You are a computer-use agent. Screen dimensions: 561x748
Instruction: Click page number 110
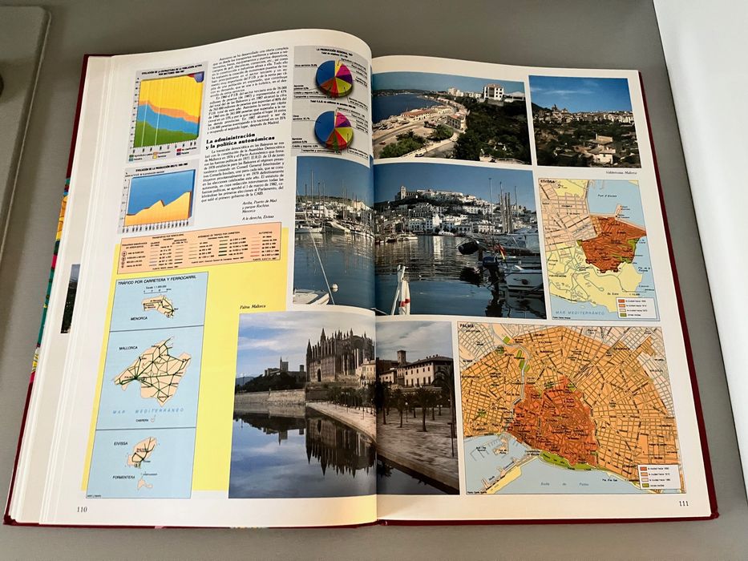coord(82,508)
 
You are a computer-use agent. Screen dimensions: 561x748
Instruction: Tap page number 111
coord(683,503)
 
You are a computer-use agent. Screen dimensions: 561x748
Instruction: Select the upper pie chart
coord(334,78)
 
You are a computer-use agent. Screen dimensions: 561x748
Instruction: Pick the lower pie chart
coord(334,130)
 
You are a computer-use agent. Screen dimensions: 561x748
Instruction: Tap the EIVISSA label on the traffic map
coord(122,443)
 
